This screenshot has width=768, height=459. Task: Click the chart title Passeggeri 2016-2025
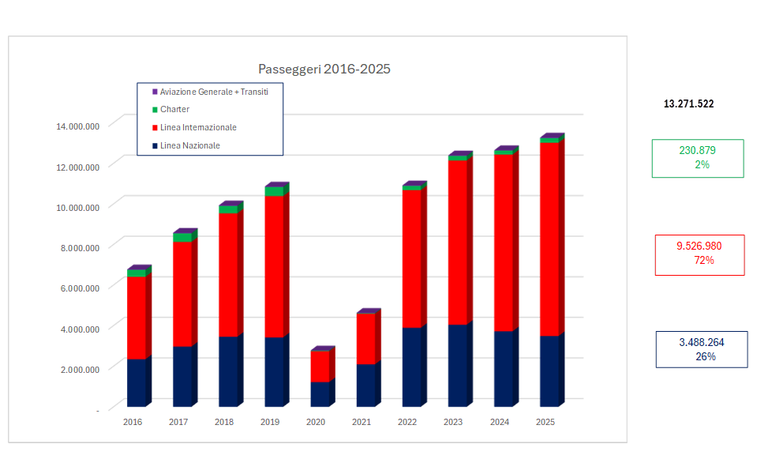pos(324,70)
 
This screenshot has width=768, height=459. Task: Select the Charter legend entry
pos(174,110)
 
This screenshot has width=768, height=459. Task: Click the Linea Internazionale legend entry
pos(198,128)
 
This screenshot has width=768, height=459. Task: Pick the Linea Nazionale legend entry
pos(189,146)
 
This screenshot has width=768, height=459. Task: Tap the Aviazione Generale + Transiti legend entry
pos(214,92)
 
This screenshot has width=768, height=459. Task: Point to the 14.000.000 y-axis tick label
pos(77,126)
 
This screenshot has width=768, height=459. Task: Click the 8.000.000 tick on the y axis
pos(77,247)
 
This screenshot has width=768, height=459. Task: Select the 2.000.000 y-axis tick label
pos(77,369)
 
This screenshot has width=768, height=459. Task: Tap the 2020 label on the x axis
pos(316,422)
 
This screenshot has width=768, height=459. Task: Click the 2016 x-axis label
pos(133,422)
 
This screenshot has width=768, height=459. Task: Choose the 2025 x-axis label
pos(545,422)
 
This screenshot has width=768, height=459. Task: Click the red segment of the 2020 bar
pos(320,367)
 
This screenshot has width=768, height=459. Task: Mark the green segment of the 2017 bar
pos(182,238)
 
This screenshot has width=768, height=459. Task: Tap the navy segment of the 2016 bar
pos(136,382)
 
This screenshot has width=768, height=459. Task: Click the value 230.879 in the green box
pos(697,151)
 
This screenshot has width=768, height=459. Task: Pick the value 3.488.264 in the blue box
pos(701,343)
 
